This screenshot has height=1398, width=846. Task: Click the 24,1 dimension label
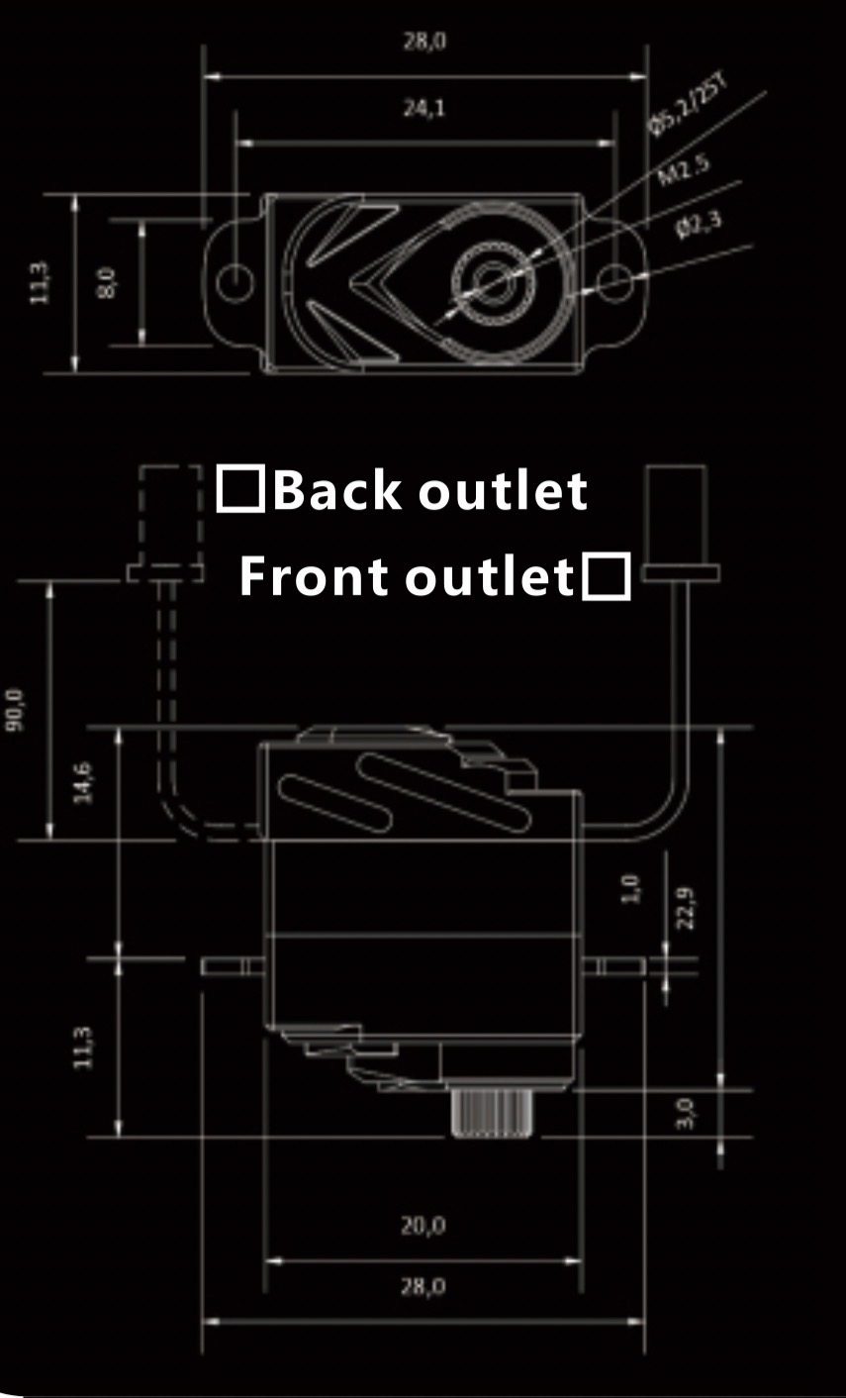click(x=423, y=108)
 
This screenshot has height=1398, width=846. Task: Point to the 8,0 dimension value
click(x=108, y=282)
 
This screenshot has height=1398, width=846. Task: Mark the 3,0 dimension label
click(x=685, y=1112)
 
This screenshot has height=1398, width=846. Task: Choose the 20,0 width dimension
click(x=423, y=1226)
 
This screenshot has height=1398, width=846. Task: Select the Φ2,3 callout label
click(x=699, y=224)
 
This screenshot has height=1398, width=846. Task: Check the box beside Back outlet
click(x=240, y=489)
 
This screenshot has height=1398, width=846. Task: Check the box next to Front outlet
click(x=606, y=577)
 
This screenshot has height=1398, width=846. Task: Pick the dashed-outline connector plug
click(x=163, y=525)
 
